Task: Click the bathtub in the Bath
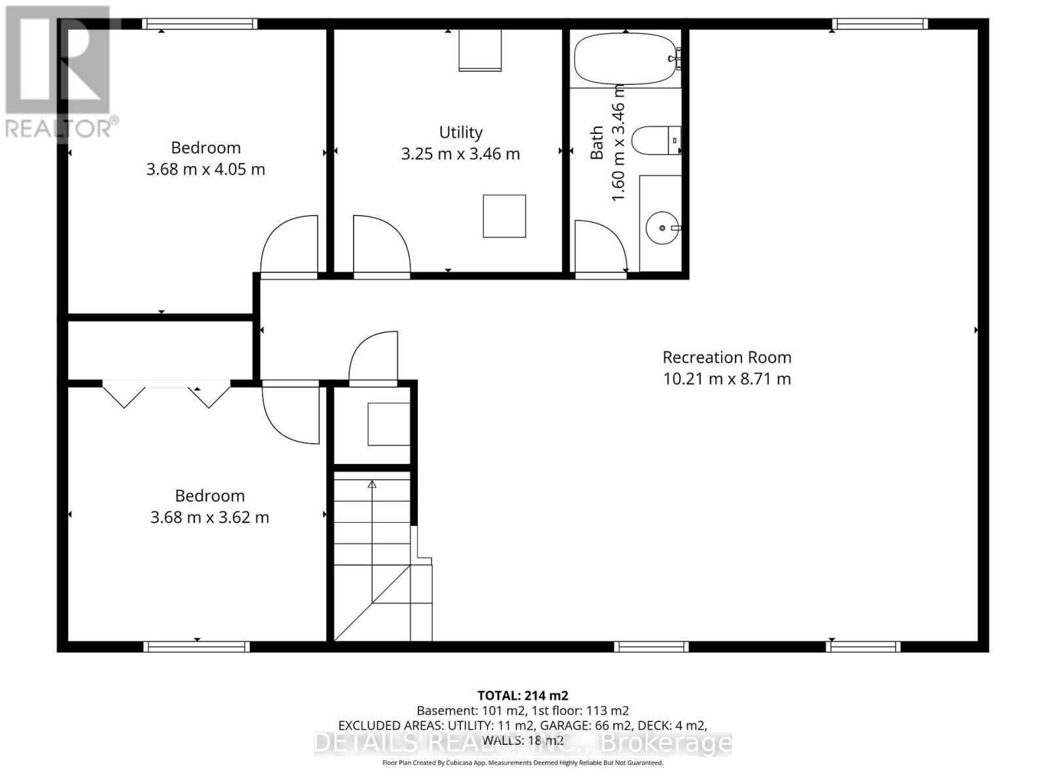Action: [x=624, y=59]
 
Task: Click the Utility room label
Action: [x=461, y=133]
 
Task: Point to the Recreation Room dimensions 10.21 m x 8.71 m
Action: [x=727, y=379]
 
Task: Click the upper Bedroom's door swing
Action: [x=288, y=245]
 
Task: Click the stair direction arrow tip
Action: [x=372, y=484]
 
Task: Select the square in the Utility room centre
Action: [x=504, y=216]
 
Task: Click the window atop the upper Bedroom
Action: [x=199, y=24]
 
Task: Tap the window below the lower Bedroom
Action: [x=197, y=647]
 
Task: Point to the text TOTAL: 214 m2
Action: [x=522, y=696]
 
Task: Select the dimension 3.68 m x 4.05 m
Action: [x=206, y=170]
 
